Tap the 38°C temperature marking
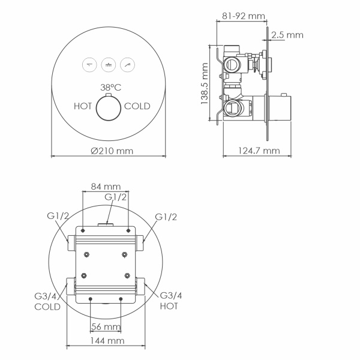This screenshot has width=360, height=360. [112, 87]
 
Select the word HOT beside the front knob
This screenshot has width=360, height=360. [83, 106]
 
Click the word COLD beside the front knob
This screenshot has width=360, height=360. [137, 106]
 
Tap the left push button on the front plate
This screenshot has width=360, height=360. [89, 64]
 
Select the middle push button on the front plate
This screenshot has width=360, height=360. [109, 64]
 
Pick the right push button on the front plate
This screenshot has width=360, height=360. [128, 64]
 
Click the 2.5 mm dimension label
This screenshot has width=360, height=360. [287, 35]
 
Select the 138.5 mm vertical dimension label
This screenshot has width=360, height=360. [205, 85]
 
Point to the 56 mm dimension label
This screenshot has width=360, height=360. [106, 326]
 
